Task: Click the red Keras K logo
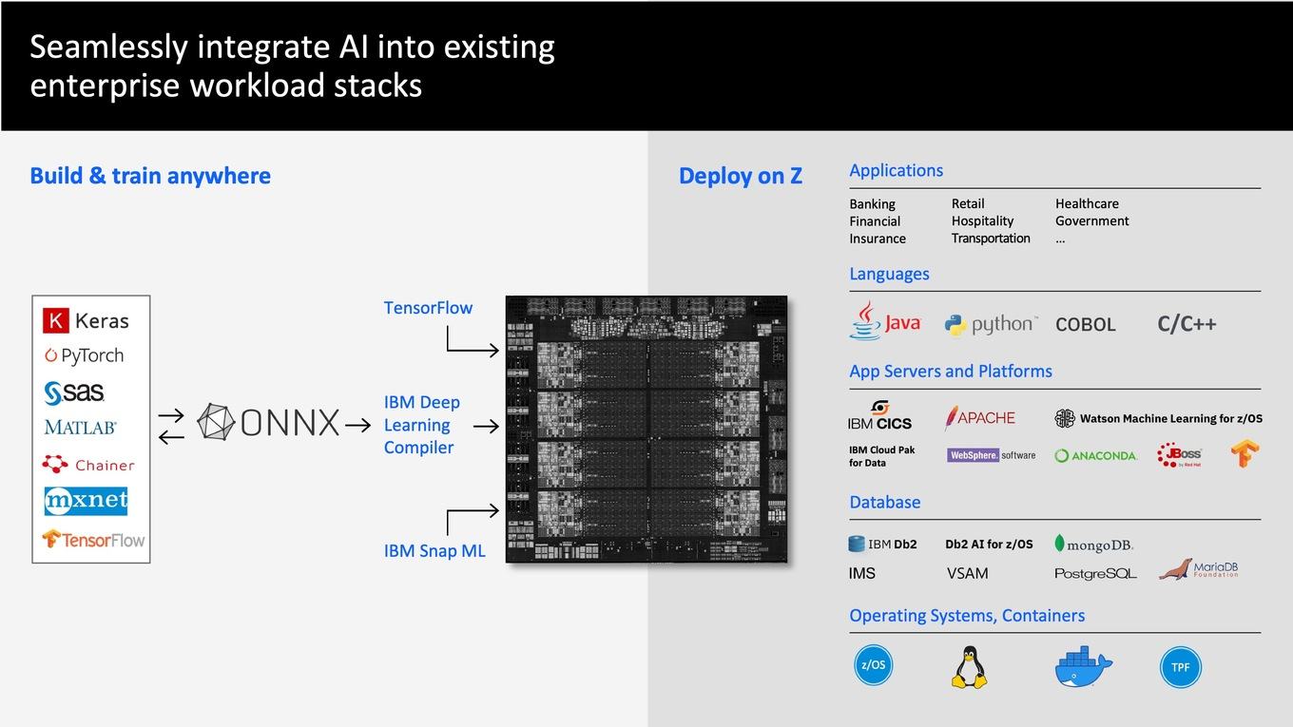point(55,320)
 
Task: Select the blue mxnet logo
point(86,500)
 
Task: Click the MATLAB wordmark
point(80,428)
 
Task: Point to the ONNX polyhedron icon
point(216,422)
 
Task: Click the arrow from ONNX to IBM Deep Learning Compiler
point(357,426)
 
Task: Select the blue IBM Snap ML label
point(434,551)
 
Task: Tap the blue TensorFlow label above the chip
point(428,308)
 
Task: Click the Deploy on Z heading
point(741,176)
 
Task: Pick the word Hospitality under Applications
point(982,221)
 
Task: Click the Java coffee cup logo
point(865,320)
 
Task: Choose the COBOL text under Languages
point(1085,324)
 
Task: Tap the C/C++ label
point(1187,324)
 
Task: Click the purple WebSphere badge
point(973,455)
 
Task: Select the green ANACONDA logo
point(1095,456)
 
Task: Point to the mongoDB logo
point(1093,545)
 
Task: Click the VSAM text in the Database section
point(968,574)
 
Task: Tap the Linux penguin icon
point(969,667)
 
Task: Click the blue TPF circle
point(1181,667)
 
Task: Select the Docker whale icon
point(1083,667)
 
